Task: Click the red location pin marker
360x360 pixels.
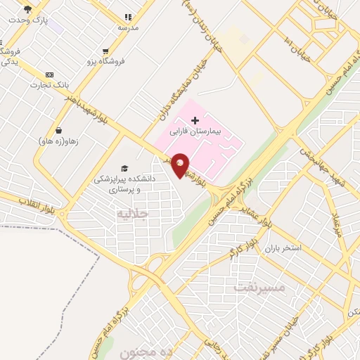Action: click(x=181, y=165)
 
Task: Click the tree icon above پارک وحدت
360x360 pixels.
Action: click(x=27, y=9)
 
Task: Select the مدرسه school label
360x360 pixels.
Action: click(x=127, y=27)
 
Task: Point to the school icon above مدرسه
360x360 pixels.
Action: click(x=127, y=17)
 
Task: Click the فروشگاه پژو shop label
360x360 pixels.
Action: click(x=105, y=62)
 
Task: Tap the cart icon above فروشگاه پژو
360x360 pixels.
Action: click(x=105, y=51)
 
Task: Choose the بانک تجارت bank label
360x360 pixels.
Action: click(x=46, y=85)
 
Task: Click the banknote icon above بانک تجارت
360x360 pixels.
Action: click(x=49, y=75)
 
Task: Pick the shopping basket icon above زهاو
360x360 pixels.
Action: click(x=59, y=130)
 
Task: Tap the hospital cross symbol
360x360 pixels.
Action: click(x=195, y=121)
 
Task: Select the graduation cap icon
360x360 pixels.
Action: click(x=124, y=169)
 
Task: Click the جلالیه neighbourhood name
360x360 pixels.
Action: click(x=134, y=212)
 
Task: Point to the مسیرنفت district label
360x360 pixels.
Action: click(x=259, y=288)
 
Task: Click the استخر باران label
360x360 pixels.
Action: click(x=283, y=249)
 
